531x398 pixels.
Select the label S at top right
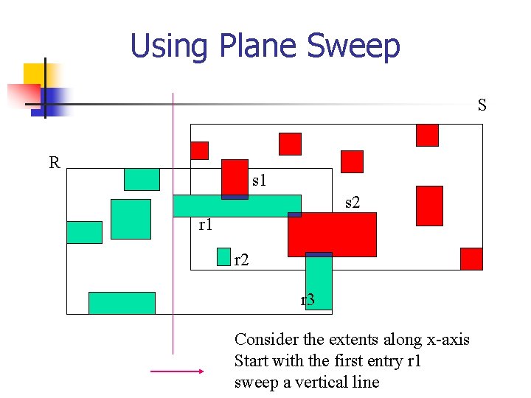coord(482,105)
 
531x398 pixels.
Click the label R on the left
coord(54,162)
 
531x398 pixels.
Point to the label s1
coord(259,179)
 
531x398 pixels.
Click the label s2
coord(353,201)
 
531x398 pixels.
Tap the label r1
coord(206,225)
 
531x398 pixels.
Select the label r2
coord(241,259)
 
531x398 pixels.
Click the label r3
coord(308,300)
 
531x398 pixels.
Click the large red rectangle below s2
coord(332,234)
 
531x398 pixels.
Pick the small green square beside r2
coord(223,256)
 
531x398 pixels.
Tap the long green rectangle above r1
coord(237,206)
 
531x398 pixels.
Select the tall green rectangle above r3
coord(319,280)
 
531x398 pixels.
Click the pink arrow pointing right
coord(176,372)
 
